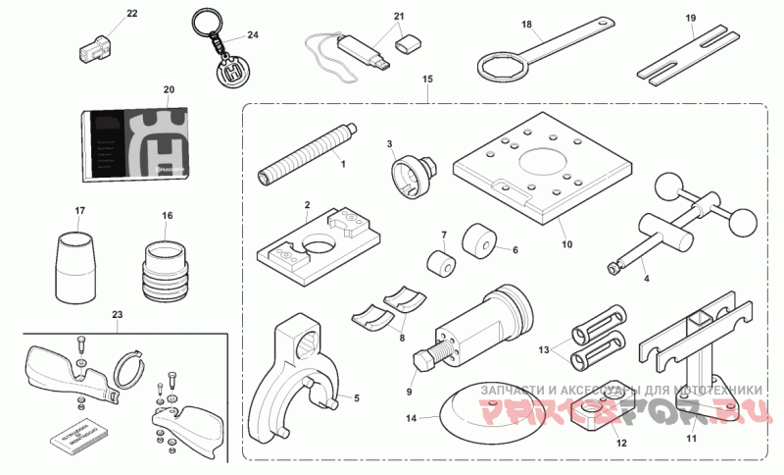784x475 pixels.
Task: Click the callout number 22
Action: [132, 14]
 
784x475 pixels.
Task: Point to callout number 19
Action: [691, 19]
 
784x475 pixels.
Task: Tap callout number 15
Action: [427, 78]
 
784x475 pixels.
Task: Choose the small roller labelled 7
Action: [440, 264]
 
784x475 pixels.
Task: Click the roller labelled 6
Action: [480, 242]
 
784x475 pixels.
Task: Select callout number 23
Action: [118, 315]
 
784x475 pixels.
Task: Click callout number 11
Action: [692, 438]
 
